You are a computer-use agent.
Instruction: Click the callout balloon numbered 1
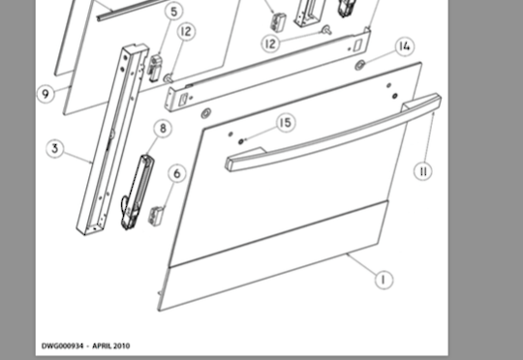coord(384,280)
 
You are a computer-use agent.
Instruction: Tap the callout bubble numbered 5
coord(173,13)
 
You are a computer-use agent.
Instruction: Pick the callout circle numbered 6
coord(175,173)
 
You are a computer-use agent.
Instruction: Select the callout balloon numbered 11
coord(422,170)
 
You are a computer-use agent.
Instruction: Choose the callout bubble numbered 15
coord(284,123)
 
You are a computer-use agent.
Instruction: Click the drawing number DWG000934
coord(67,345)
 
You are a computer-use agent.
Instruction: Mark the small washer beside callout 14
coord(360,64)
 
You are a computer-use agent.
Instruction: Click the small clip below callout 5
coord(153,67)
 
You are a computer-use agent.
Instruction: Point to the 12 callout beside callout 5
coord(186,32)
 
